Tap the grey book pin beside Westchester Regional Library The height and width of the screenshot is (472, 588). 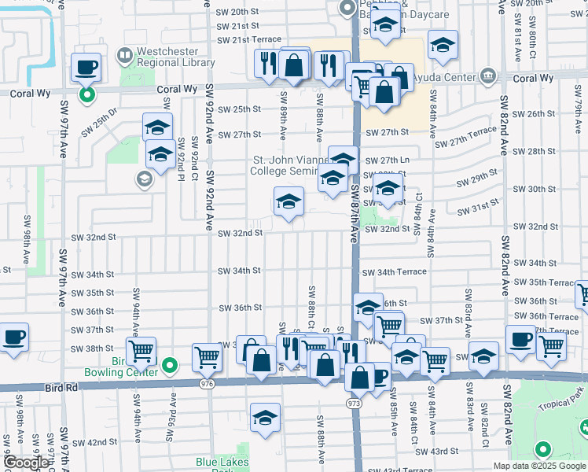pyautogui.click(x=124, y=56)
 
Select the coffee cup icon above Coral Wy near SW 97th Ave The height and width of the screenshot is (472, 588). pyautogui.click(x=86, y=68)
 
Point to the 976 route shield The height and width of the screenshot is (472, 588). pyautogui.click(x=208, y=384)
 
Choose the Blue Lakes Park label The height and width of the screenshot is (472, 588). pyautogui.click(x=222, y=464)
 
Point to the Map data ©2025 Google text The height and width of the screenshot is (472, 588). pyautogui.click(x=539, y=466)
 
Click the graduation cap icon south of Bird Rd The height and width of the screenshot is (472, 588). pyautogui.click(x=266, y=419)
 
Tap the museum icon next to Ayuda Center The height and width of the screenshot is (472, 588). pyautogui.click(x=488, y=77)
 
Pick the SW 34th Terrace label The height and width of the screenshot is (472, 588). pyautogui.click(x=395, y=271)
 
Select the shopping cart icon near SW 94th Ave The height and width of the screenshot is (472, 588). pyautogui.click(x=141, y=351)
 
